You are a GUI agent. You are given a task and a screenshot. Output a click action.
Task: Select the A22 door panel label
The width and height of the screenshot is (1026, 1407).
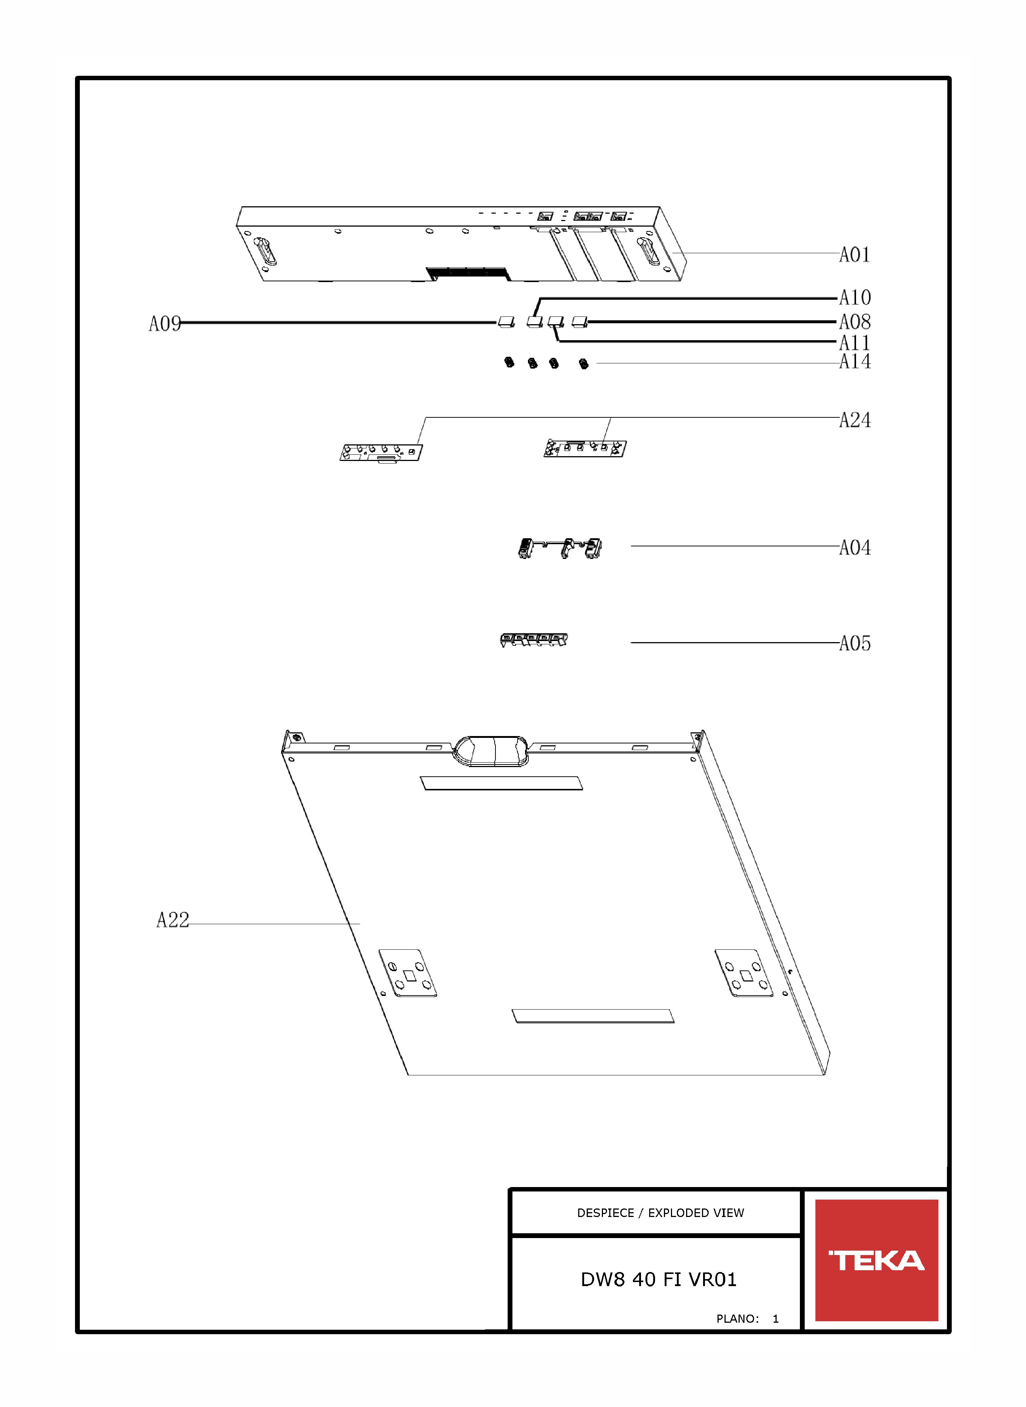[173, 920]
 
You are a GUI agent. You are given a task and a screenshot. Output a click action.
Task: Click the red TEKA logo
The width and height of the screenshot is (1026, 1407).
[876, 1260]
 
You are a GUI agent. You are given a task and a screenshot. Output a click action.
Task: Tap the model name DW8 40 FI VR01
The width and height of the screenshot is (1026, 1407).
[658, 1279]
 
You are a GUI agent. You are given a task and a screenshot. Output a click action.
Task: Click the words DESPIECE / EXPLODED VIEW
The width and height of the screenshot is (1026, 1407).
[660, 1213]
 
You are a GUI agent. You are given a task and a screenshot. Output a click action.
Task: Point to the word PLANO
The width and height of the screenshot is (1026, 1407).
[737, 1318]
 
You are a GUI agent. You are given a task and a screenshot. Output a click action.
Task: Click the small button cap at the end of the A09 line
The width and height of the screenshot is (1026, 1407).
[506, 322]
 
